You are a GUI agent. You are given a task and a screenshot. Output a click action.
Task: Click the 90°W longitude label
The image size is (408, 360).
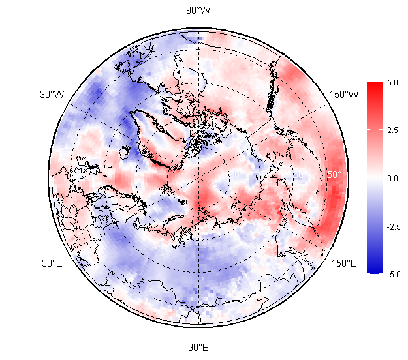tap(198, 10)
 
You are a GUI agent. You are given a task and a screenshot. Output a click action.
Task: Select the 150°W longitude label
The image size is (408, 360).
tap(344, 95)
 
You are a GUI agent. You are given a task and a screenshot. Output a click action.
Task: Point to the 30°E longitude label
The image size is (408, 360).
tap(52, 263)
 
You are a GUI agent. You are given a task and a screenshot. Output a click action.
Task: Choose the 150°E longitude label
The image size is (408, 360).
tap(344, 263)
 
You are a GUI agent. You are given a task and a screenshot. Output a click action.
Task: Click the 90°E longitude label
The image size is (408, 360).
tap(198, 347)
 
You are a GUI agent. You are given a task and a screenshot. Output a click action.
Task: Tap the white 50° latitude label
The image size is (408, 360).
tap(334, 175)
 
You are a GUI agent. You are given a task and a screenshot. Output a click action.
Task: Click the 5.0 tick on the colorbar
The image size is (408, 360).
tap(392, 83)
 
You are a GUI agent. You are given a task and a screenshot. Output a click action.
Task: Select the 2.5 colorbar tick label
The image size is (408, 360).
tap(392, 130)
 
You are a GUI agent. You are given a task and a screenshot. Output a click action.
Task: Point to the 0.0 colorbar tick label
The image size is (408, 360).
tap(392, 178)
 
